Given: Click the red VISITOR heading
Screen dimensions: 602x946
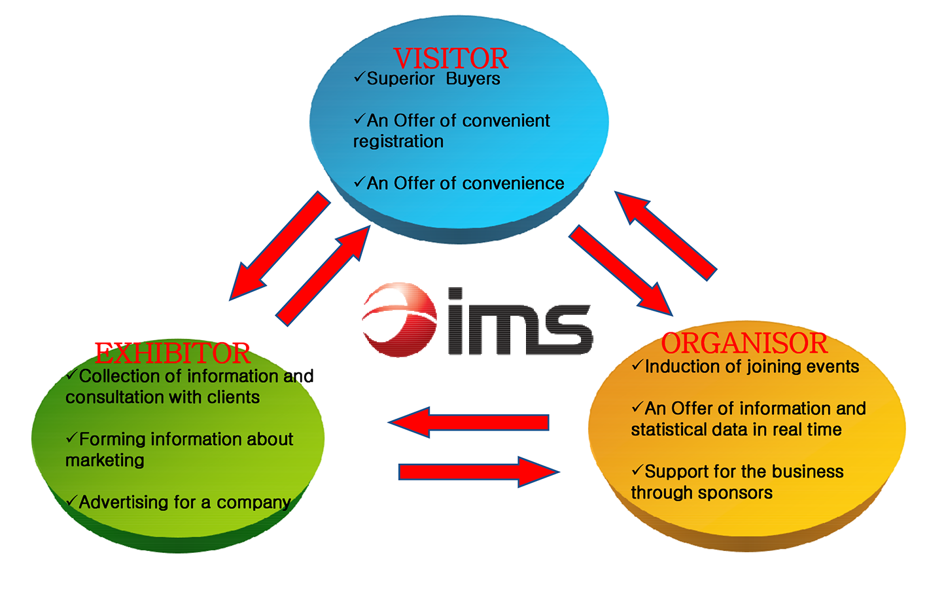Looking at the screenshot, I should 450,59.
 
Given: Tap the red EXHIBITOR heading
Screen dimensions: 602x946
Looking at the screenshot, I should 172,353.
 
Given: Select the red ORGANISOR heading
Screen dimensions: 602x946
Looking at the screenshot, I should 744,344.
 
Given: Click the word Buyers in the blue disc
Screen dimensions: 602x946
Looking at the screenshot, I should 473,79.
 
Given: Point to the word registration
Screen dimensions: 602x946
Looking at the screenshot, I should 398,142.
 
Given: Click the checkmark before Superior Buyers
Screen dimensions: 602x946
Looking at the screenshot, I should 359,77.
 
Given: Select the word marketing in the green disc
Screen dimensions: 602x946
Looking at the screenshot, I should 105,461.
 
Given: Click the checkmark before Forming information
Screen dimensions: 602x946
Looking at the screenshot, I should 71,437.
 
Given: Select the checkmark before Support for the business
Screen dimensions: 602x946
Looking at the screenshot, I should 637,470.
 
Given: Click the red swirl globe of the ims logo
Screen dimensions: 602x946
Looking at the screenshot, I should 400,319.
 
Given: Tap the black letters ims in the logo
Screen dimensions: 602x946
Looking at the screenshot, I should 520,322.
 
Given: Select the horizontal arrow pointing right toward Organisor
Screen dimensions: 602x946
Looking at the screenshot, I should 478,471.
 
